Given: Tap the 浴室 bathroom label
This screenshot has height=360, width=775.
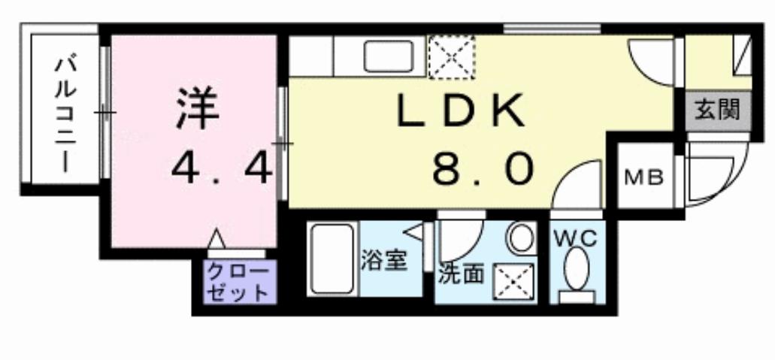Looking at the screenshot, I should pos(384,262).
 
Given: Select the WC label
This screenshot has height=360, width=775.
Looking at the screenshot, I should pos(576,240).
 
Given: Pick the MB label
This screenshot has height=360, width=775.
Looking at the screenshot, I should pos(644,178).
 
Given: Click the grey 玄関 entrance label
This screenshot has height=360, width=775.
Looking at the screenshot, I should pos(717,110).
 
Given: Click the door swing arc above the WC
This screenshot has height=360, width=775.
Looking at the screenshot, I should pos(578,185).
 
